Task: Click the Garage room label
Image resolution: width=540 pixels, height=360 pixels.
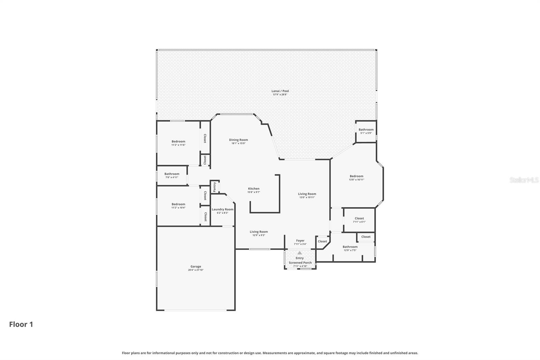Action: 195,266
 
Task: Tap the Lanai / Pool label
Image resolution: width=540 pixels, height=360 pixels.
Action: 280,91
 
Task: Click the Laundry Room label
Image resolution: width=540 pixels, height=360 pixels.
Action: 222,209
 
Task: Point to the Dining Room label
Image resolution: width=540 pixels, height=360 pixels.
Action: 238,140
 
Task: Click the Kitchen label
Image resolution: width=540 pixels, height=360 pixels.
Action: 254,189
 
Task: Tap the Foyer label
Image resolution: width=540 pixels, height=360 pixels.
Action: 300,241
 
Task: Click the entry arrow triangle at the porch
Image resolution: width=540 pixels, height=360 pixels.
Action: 300,253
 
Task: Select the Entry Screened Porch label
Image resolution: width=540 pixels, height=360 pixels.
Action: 300,260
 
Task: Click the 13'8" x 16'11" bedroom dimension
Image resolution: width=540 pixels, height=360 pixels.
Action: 356,180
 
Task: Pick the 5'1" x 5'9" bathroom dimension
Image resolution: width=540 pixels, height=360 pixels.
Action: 366,133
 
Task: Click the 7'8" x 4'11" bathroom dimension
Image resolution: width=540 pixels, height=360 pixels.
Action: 172,177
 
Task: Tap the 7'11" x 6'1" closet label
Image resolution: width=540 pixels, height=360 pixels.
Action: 359,220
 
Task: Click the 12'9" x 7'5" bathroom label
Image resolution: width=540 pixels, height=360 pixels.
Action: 350,248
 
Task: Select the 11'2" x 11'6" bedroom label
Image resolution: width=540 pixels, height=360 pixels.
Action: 178,143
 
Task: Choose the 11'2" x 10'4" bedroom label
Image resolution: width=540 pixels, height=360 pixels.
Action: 178,206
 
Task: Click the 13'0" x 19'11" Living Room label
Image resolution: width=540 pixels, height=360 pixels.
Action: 307,196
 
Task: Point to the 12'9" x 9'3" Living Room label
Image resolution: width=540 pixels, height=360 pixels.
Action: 259,233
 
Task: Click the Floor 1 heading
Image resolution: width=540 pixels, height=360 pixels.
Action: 21,324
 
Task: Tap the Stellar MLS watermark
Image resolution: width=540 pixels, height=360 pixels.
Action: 524,180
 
